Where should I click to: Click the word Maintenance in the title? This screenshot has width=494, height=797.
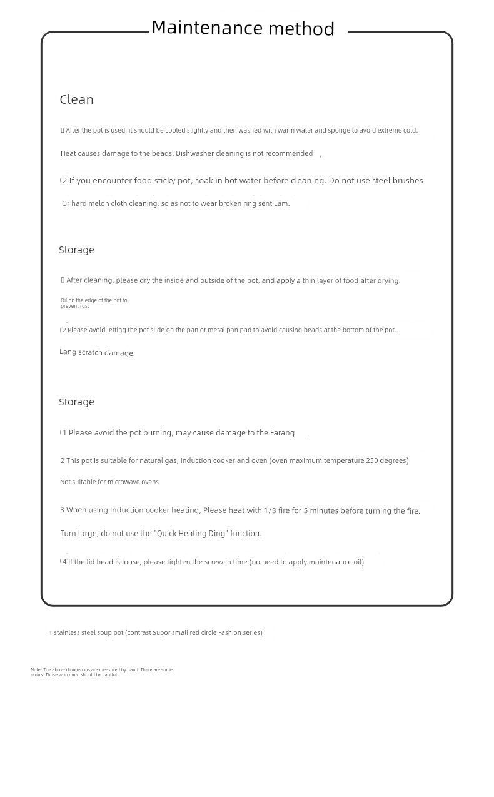[x=207, y=28]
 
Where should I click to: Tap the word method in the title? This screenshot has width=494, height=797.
[x=301, y=29]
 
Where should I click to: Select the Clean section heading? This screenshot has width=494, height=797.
[x=76, y=99]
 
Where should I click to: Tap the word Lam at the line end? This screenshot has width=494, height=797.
[x=281, y=203]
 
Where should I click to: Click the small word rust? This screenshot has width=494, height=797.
[x=84, y=306]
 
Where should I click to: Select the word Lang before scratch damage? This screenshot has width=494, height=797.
[x=68, y=352]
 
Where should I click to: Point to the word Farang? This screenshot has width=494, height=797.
[x=282, y=432]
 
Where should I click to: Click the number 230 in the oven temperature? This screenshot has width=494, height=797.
[x=372, y=460]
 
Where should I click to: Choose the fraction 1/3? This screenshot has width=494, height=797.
[x=270, y=510]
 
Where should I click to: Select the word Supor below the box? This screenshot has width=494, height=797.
[x=161, y=632]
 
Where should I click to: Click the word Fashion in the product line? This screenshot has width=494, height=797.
[x=229, y=632]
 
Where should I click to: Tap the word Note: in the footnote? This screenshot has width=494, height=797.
[x=36, y=669]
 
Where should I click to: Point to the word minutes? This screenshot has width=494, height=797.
[x=324, y=510]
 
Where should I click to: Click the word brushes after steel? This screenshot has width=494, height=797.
[x=408, y=180]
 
